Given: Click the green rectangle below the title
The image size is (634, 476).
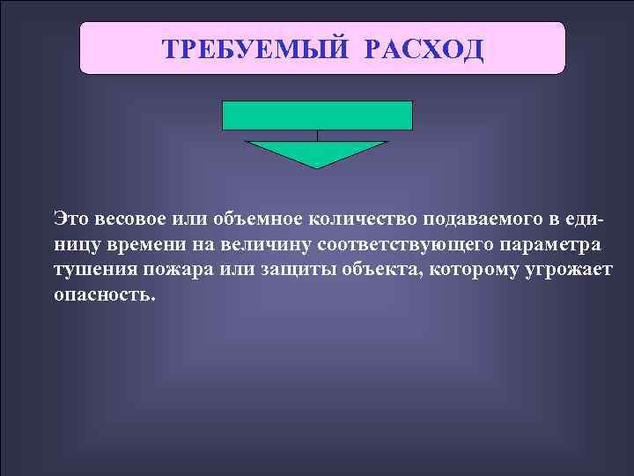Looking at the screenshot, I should tap(317, 115).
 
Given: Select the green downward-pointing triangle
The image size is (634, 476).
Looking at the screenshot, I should tap(317, 152).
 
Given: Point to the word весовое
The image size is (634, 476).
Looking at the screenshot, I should tap(129, 219).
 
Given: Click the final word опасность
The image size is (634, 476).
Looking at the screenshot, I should tap(104, 294).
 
